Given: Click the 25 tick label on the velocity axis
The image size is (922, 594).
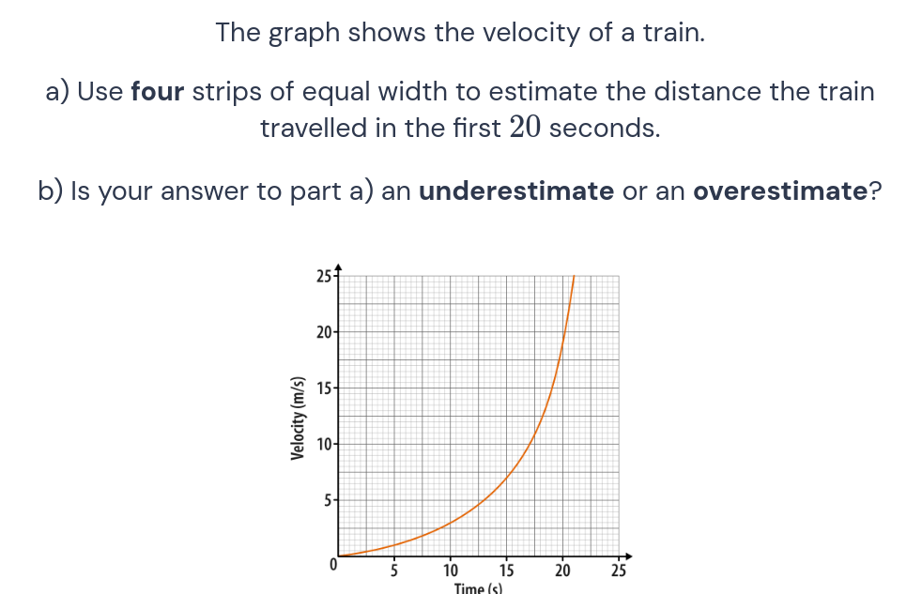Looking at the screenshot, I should point(322,276).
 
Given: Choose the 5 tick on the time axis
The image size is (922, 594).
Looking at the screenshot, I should point(394,570).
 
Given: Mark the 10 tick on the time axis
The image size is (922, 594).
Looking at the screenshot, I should point(451,570).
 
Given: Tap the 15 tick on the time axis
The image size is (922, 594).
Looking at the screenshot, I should point(507,570).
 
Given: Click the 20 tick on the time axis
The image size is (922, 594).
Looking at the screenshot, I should point(563,570).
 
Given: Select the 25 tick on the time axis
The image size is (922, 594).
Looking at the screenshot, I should point(619,570).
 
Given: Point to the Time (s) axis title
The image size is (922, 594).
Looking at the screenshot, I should point(478,588).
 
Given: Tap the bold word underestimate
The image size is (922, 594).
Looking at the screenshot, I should point(515,191).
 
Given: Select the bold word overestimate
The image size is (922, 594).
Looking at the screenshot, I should point(779,191).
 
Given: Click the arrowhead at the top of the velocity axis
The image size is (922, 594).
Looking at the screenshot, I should point(338,267).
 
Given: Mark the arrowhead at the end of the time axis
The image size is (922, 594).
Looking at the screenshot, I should point(629,556).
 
